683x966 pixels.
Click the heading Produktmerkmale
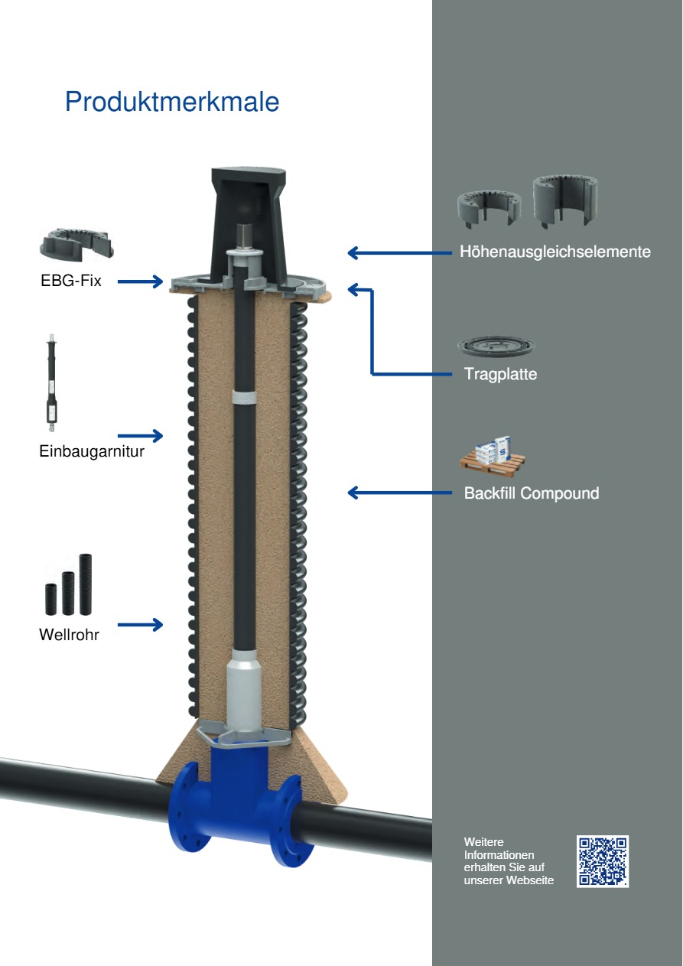(x=172, y=102)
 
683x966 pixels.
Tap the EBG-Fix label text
(x=70, y=281)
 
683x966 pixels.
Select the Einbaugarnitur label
(x=92, y=451)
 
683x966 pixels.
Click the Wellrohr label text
(x=69, y=634)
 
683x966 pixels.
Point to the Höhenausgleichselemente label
(x=555, y=252)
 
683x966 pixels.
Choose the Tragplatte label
(x=501, y=374)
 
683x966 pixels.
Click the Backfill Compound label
(x=532, y=493)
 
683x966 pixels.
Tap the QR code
(x=603, y=861)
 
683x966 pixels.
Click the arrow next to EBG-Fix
(x=140, y=281)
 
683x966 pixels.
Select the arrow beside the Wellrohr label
(x=140, y=624)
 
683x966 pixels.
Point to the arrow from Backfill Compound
(x=400, y=493)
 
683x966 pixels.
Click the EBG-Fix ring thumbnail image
(x=76, y=245)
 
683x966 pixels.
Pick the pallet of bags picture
(x=493, y=454)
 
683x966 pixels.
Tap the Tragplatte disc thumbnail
(x=496, y=346)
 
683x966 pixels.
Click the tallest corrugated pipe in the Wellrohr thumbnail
(x=86, y=584)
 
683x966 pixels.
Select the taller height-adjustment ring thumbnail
(x=565, y=201)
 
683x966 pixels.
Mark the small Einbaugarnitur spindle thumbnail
(x=52, y=382)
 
